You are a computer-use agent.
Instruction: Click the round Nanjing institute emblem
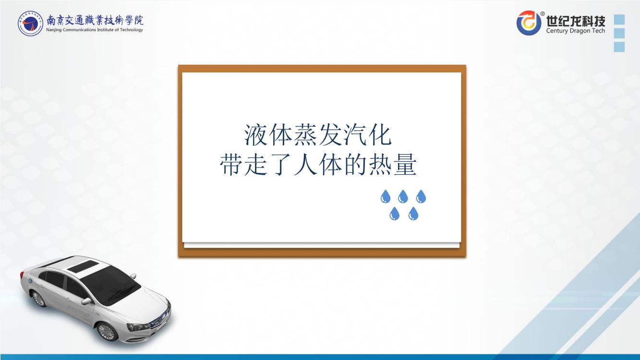(30, 23)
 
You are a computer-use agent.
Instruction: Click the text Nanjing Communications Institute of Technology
(95, 30)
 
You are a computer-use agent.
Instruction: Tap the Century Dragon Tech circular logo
(529, 23)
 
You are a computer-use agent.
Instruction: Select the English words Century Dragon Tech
(576, 31)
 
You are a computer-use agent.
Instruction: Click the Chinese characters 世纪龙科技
(576, 21)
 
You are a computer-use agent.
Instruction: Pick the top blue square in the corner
(619, 20)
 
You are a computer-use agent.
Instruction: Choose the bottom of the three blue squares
(619, 47)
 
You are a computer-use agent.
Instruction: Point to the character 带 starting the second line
(231, 165)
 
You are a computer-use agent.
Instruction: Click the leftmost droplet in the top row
(386, 197)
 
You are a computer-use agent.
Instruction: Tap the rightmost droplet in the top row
(421, 197)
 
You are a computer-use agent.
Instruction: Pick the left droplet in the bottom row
(394, 214)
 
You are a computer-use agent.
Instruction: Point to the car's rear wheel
(38, 299)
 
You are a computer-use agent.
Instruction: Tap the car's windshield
(111, 284)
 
